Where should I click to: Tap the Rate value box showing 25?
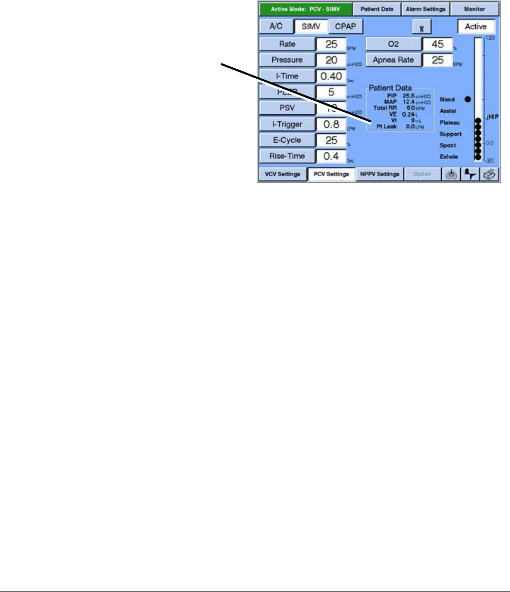[331, 44]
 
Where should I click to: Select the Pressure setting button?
[287, 60]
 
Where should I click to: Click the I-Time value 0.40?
[331, 76]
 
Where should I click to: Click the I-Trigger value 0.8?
[331, 124]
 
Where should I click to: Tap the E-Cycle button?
[287, 140]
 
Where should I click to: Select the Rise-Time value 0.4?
[331, 156]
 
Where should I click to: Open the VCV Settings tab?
[282, 175]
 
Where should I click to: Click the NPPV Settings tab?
[380, 175]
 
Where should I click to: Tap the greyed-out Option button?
[422, 175]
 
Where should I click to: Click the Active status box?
[476, 26]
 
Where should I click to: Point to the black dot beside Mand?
[467, 99]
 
